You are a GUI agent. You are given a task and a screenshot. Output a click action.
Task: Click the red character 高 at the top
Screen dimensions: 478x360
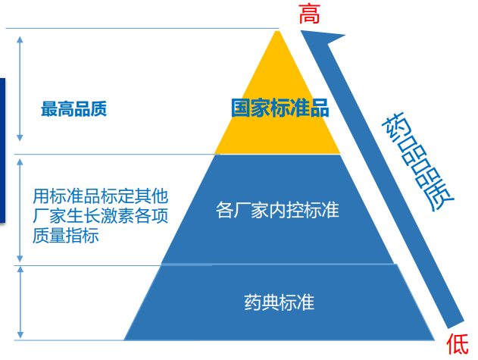[309, 14]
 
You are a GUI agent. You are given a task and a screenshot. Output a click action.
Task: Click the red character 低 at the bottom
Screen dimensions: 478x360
[458, 344]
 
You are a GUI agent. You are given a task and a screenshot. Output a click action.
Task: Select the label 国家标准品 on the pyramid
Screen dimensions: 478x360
[280, 108]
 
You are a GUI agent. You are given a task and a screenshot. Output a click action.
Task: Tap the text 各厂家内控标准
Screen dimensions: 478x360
[277, 210]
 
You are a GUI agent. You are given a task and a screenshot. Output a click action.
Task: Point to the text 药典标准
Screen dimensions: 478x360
[280, 302]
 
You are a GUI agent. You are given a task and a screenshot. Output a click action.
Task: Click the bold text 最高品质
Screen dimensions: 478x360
[74, 109]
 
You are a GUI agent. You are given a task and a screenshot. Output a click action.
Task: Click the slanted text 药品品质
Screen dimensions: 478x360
[417, 161]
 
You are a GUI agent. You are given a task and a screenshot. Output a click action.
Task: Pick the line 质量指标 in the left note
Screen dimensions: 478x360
[66, 236]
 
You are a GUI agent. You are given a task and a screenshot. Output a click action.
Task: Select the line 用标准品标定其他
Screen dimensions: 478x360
[100, 196]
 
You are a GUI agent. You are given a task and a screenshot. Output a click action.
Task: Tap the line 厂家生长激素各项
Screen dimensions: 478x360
[100, 216]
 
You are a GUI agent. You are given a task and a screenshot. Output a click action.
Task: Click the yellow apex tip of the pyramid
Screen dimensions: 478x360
[277, 31]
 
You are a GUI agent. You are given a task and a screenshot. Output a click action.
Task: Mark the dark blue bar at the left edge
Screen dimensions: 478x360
[2, 150]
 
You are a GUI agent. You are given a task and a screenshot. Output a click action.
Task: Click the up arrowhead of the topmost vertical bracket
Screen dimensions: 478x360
[20, 39]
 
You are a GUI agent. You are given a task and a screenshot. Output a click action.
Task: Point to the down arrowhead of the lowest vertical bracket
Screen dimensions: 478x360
[20, 335]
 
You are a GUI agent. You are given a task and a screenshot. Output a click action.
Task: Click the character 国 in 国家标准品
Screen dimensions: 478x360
[241, 108]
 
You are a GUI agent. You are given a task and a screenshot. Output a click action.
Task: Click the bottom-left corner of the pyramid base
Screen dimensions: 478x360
[123, 340]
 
